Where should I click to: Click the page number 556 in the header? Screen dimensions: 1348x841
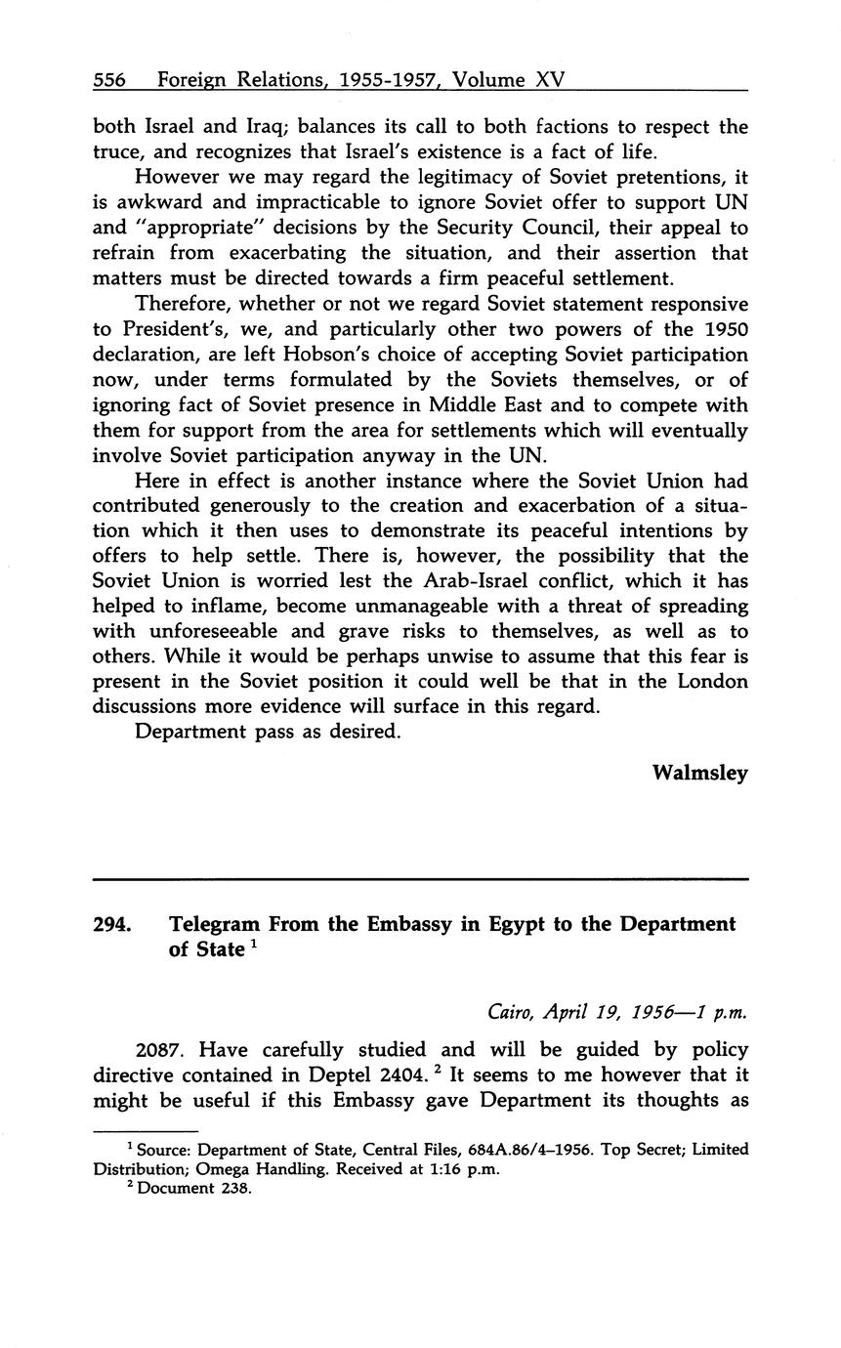coord(109,80)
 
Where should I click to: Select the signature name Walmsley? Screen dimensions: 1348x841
coord(699,773)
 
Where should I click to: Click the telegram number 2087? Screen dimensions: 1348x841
coord(160,1050)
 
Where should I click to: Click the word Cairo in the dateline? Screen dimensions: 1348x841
coord(511,1012)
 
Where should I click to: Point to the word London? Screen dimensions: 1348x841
coord(703,681)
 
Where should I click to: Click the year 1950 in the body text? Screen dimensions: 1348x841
coord(723,329)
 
